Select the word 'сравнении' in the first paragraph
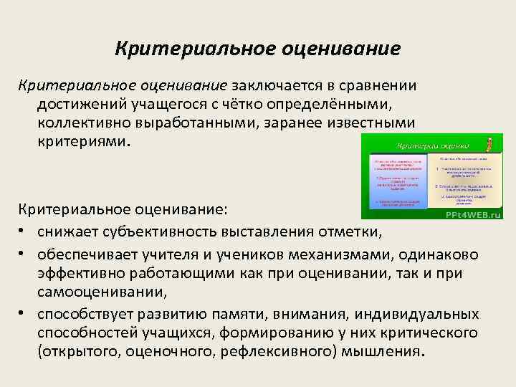pyautogui.click(x=378, y=86)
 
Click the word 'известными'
pyautogui.click(x=368, y=123)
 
